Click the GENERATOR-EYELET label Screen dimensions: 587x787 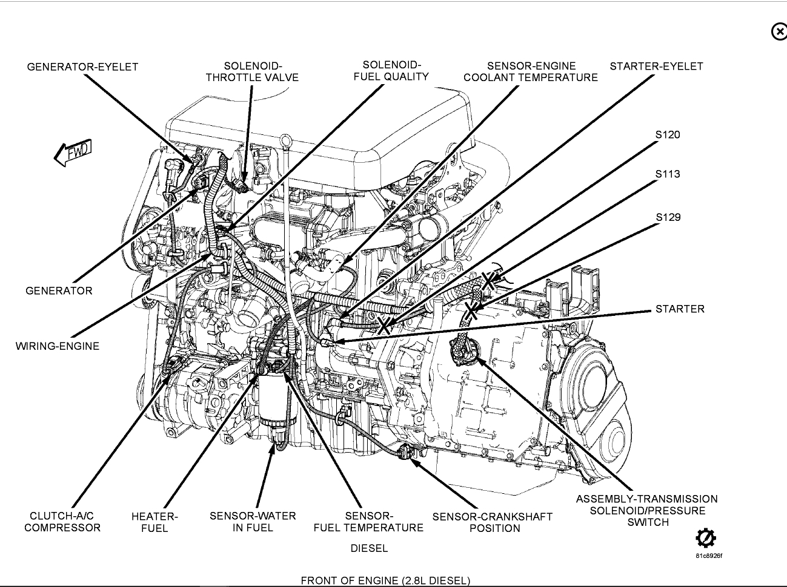point(82,67)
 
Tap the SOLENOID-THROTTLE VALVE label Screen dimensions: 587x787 point(252,71)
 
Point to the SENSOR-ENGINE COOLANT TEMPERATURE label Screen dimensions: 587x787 point(531,71)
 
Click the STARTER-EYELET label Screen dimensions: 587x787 point(656,66)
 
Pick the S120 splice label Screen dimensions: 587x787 point(668,134)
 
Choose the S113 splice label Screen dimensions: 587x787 point(668,174)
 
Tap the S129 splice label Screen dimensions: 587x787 point(668,217)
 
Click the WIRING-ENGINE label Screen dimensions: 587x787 point(57,346)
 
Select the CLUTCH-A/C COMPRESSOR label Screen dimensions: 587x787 point(62,522)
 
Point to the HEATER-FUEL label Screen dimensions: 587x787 point(154,522)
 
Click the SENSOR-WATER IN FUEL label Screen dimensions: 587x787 point(253,522)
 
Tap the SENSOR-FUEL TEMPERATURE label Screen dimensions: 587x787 point(368,522)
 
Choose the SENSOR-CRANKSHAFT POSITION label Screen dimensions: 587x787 point(492,522)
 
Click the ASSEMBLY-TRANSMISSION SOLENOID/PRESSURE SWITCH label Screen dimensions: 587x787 point(646,510)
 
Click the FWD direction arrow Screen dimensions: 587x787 point(73,152)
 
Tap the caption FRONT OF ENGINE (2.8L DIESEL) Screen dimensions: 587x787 point(385,580)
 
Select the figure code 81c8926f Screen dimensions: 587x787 point(708,556)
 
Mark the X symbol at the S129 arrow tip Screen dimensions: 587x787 point(472,311)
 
